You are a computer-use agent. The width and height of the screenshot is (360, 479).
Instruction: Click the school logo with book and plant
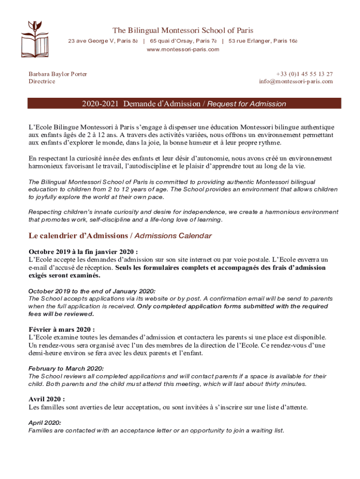34,37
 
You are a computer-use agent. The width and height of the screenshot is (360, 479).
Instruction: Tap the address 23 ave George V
103,41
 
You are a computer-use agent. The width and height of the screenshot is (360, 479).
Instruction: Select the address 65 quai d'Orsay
183,41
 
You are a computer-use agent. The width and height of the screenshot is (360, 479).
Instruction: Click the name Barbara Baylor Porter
58,74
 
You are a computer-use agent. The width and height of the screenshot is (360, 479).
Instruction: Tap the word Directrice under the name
42,81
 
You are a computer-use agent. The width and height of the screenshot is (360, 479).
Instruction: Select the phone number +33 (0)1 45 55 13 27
304,74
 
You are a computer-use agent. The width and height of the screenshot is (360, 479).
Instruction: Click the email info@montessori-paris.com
296,81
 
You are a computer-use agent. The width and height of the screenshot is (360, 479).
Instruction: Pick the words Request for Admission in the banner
246,104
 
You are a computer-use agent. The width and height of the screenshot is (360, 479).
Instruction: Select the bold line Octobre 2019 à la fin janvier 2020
83,252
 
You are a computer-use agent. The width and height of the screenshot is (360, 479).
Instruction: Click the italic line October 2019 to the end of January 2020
92,291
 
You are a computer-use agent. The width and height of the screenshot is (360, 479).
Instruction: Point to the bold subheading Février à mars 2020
62,329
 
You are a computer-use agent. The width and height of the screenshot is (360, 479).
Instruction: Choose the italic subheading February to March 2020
66,369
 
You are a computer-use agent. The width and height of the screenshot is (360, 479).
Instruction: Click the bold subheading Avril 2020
47,399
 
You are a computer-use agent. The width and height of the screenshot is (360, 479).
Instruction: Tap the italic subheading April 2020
45,423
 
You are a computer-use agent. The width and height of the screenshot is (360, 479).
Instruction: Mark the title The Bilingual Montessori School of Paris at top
180,30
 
